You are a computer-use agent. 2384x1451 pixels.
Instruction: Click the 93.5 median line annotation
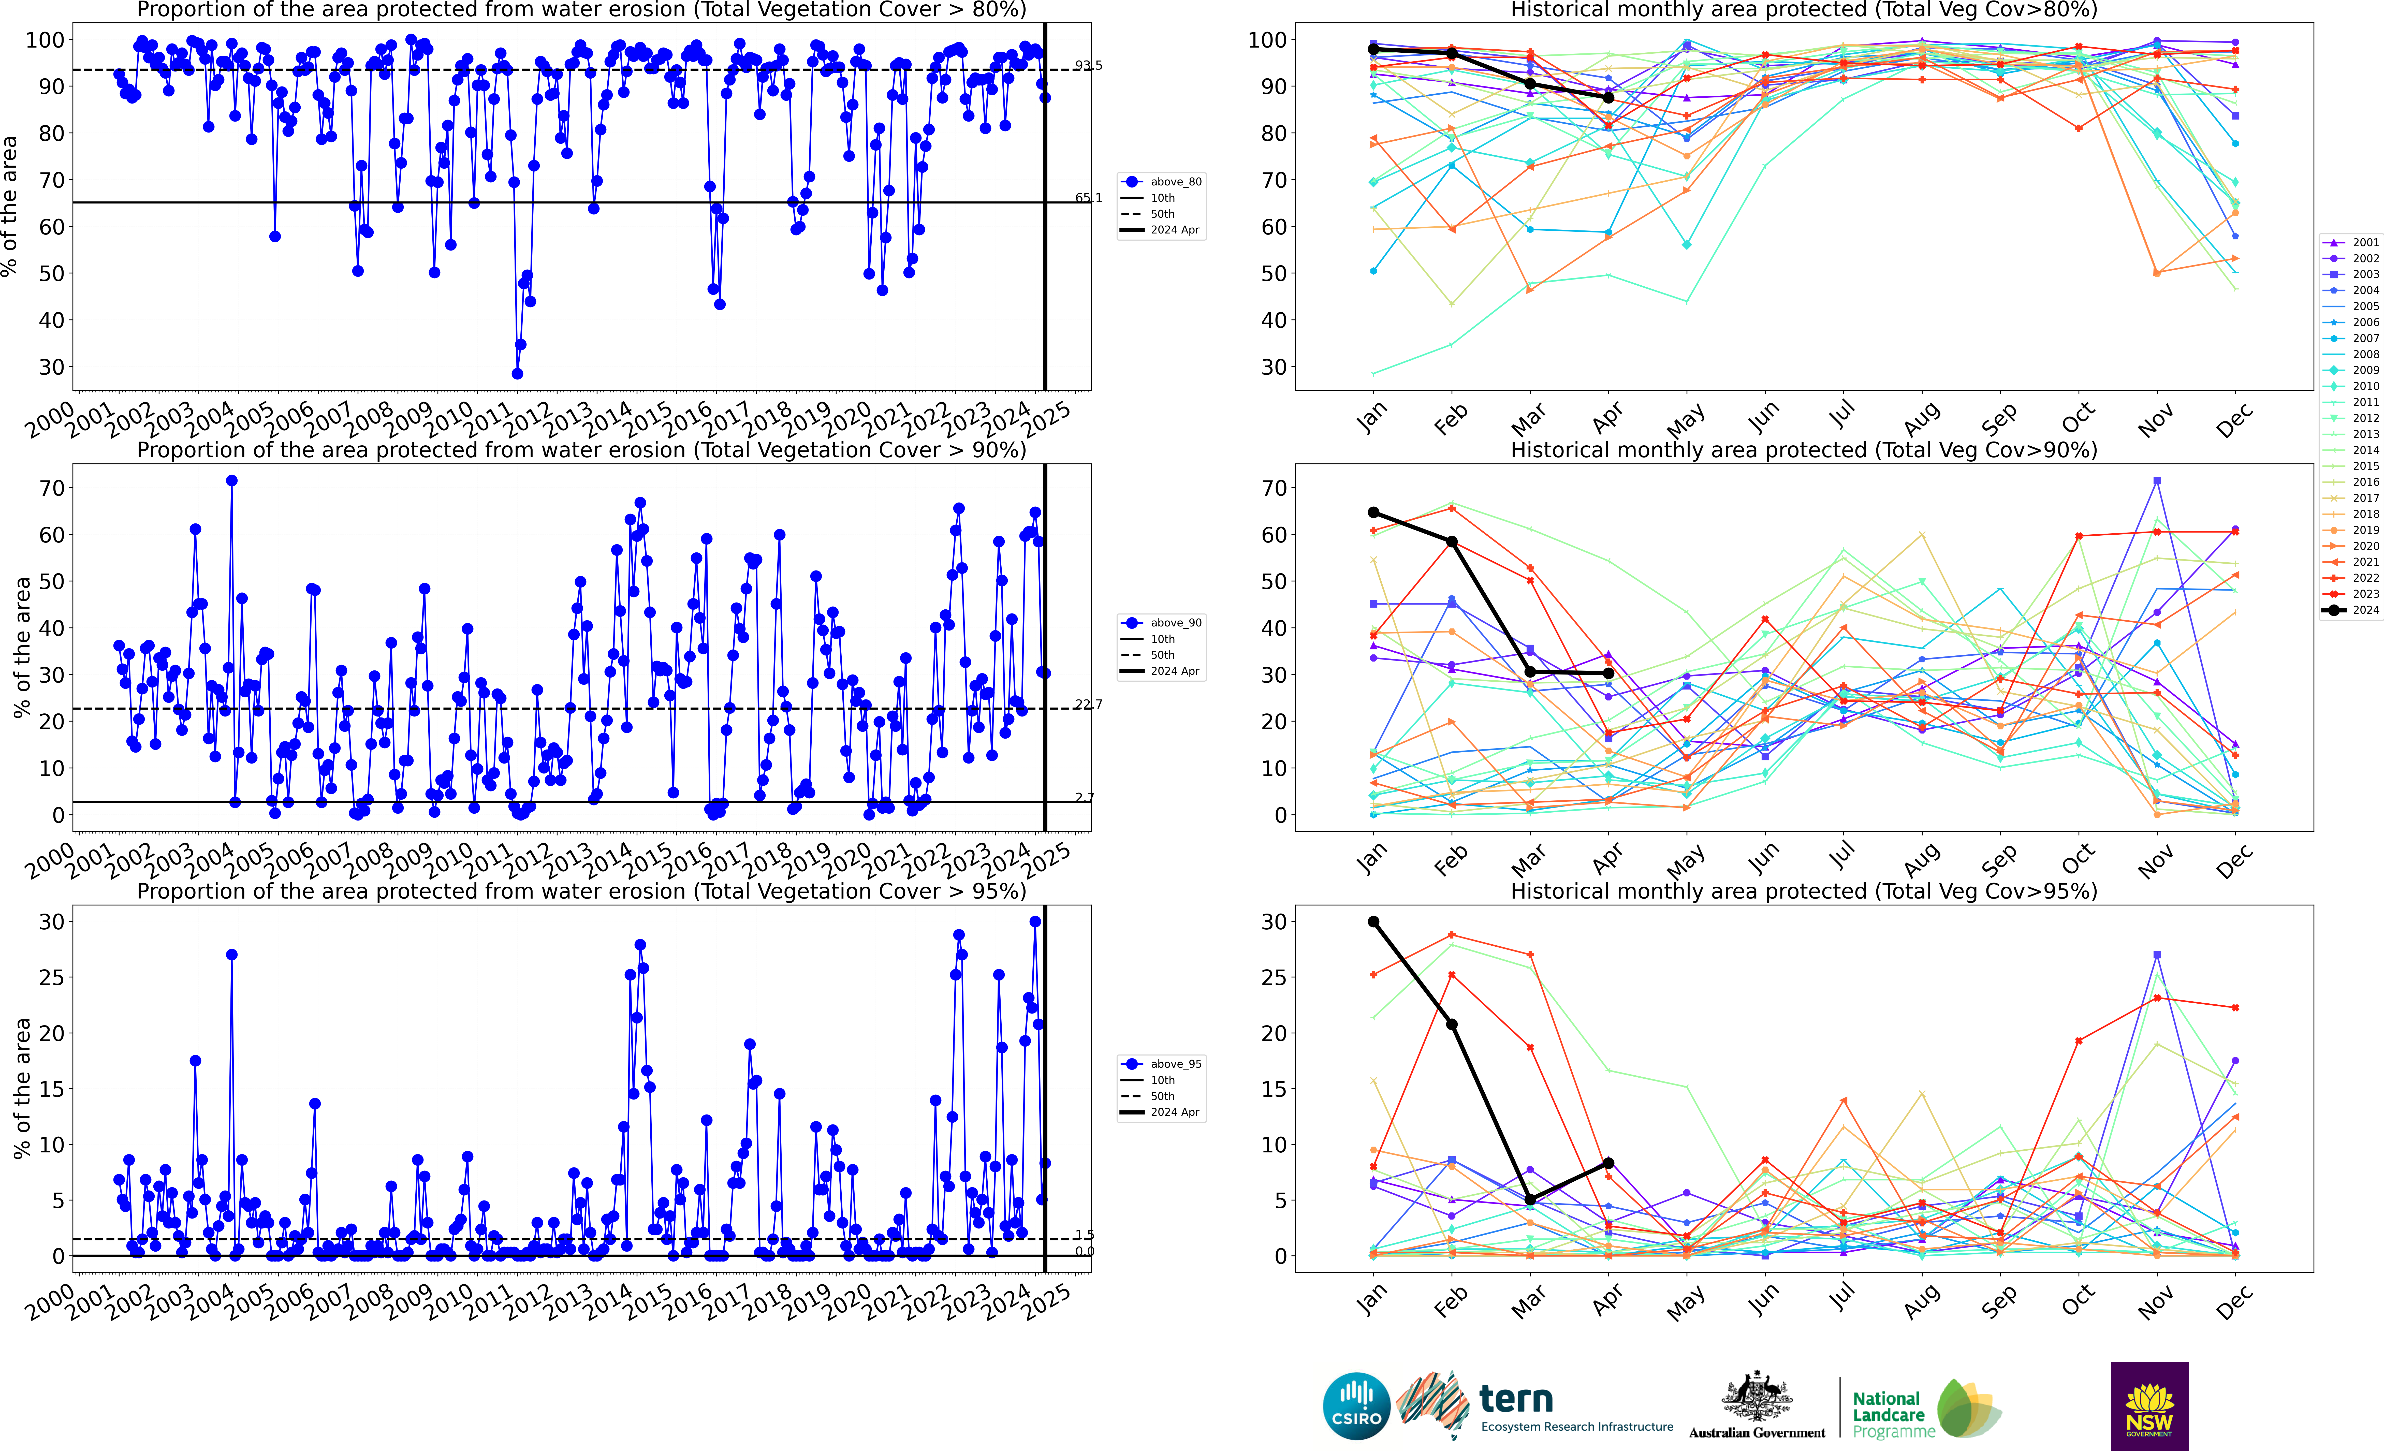[x=1088, y=66]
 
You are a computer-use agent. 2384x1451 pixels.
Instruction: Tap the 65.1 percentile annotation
[x=1088, y=198]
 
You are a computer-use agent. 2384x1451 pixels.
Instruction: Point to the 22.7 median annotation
[x=1088, y=704]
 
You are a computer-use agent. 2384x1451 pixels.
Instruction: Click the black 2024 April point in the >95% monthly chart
[x=1608, y=1163]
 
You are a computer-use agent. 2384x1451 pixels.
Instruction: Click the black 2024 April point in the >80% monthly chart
[x=1608, y=98]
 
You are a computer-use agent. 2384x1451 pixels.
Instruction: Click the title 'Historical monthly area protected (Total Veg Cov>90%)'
[x=1804, y=450]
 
